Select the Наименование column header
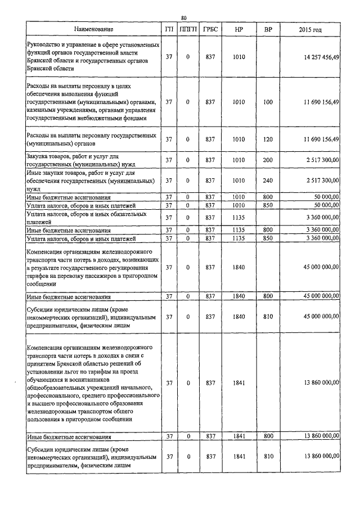[93, 29]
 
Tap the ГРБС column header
[210, 29]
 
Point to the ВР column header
[268, 29]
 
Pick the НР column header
[238, 29]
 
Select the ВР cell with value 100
[268, 102]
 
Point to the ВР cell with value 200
[268, 160]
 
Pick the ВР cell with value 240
[268, 180]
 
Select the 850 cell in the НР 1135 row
[268, 238]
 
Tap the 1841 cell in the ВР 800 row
[238, 436]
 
